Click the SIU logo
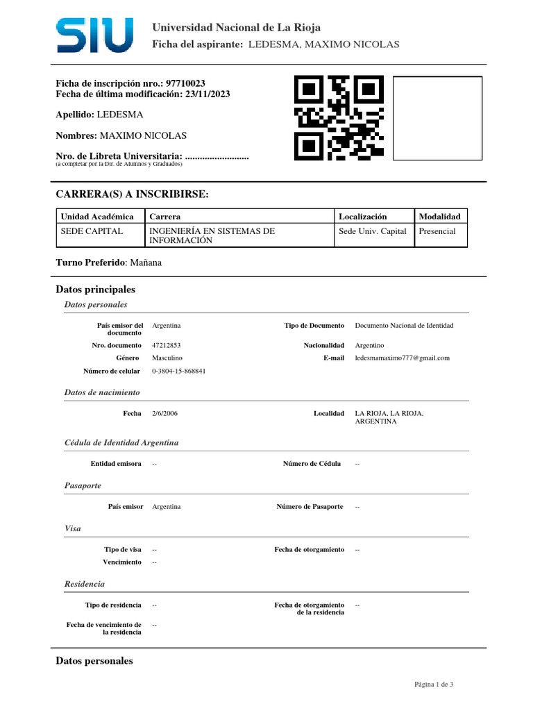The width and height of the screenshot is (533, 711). tap(94, 35)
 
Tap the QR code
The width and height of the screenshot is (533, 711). tap(339, 117)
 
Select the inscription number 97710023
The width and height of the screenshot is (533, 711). tap(186, 83)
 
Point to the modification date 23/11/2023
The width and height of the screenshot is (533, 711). tap(207, 94)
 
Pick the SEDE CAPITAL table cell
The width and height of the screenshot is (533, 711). tap(92, 231)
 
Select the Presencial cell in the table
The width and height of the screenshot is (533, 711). tap(437, 231)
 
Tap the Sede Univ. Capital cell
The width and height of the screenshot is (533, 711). tap(372, 231)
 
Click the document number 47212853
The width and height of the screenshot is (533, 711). tap(167, 345)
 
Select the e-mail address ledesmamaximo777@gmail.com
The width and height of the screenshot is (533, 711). tap(402, 358)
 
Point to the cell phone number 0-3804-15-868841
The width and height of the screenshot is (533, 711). tap(178, 371)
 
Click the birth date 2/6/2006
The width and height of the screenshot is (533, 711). tap(164, 413)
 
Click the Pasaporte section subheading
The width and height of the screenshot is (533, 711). tap(83, 485)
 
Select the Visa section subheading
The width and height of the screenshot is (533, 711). tap(72, 528)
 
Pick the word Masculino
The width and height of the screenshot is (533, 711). tap(167, 358)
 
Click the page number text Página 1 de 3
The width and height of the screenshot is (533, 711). tap(434, 685)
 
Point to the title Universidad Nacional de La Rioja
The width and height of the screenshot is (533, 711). tap(237, 28)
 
